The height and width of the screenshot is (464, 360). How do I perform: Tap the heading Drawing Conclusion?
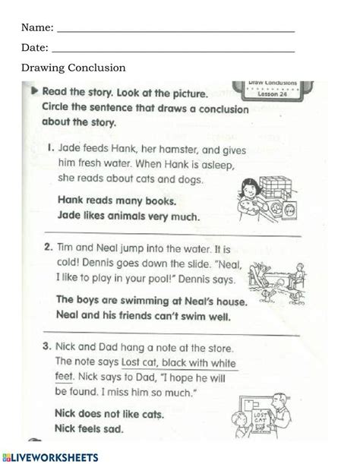click(x=73, y=68)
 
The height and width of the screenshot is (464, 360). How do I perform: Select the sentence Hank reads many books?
click(x=116, y=201)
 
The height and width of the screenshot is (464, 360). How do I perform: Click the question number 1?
click(x=52, y=150)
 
